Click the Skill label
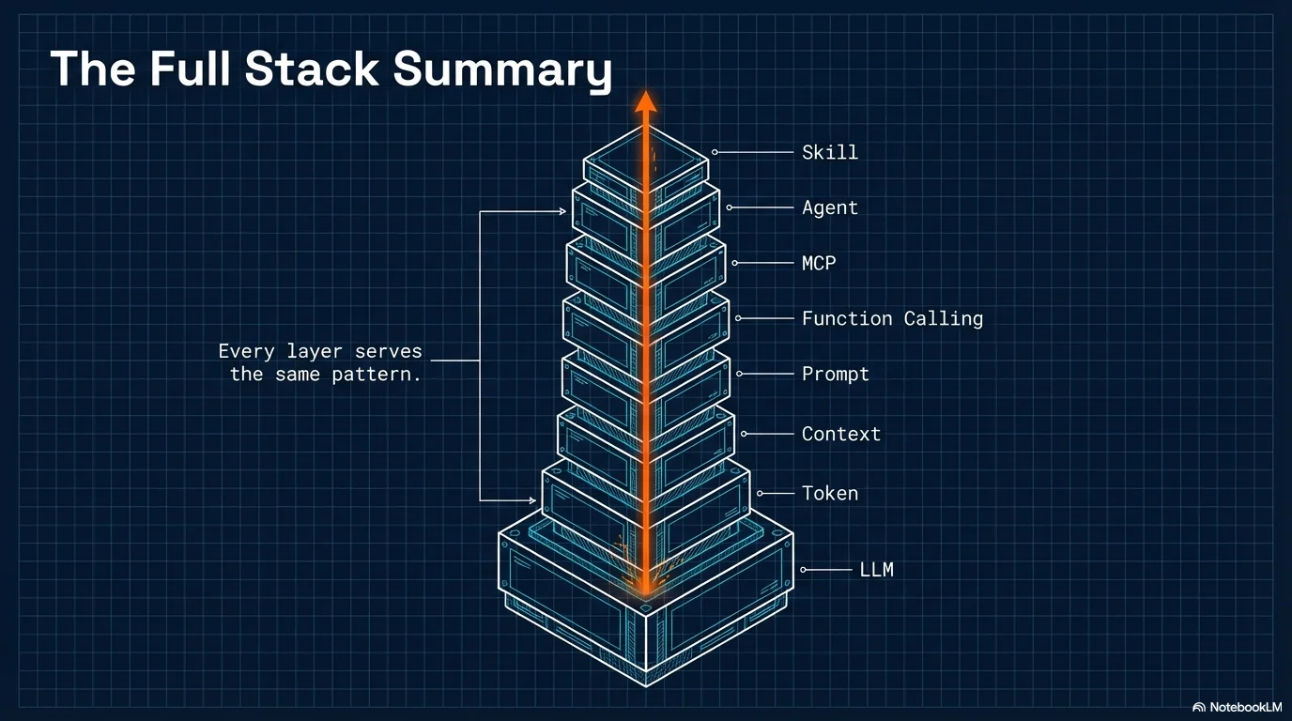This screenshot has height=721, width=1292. (x=829, y=152)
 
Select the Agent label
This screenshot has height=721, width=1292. (x=829, y=207)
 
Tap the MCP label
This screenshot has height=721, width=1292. (x=818, y=263)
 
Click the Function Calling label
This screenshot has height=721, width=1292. (x=891, y=318)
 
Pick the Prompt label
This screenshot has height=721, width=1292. (x=835, y=374)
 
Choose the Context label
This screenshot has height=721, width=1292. (x=840, y=434)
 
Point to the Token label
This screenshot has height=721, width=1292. (x=829, y=493)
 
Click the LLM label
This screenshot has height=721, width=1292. (x=876, y=569)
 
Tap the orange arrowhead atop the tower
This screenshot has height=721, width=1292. (x=645, y=100)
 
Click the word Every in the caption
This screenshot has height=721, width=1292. (x=246, y=351)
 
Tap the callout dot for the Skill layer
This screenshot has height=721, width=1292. (x=715, y=152)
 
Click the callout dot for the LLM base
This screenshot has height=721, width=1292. (x=804, y=569)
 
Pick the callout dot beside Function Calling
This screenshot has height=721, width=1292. (x=739, y=318)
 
